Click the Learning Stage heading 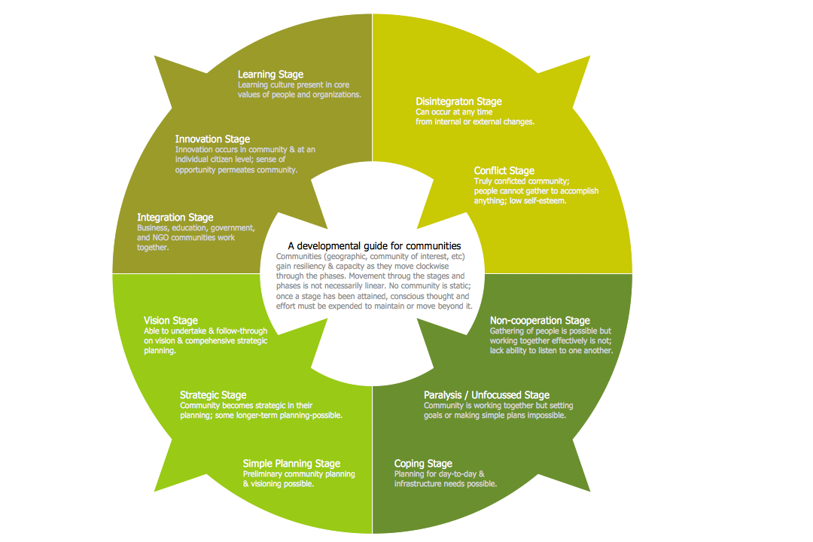tap(270, 75)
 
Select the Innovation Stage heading tap(212, 139)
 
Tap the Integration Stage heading tap(175, 218)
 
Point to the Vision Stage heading tap(171, 321)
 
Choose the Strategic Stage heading tap(213, 395)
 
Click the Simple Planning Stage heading tap(291, 464)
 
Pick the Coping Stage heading tap(423, 464)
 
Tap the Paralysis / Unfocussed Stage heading tap(486, 395)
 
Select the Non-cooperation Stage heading tap(540, 321)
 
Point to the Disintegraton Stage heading tap(458, 102)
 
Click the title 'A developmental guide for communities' tap(374, 245)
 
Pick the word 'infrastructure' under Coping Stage tap(419, 484)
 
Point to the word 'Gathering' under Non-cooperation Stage tap(508, 331)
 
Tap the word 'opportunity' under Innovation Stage tap(198, 170)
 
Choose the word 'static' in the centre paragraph tap(458, 286)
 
